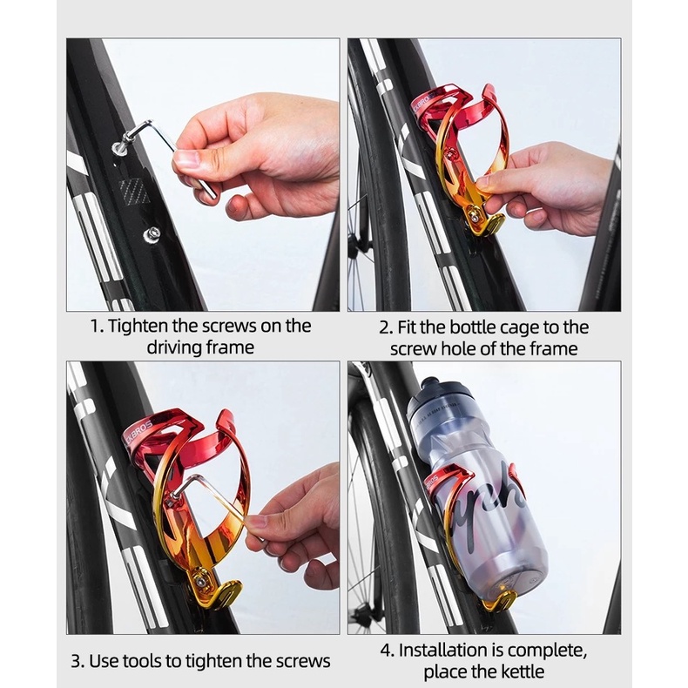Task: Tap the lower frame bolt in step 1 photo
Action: tap(152, 233)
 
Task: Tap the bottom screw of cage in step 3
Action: tap(200, 581)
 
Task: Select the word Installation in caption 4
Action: tap(444, 651)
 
